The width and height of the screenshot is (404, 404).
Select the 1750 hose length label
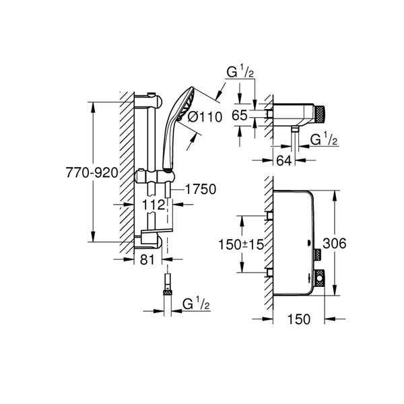[200, 190]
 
